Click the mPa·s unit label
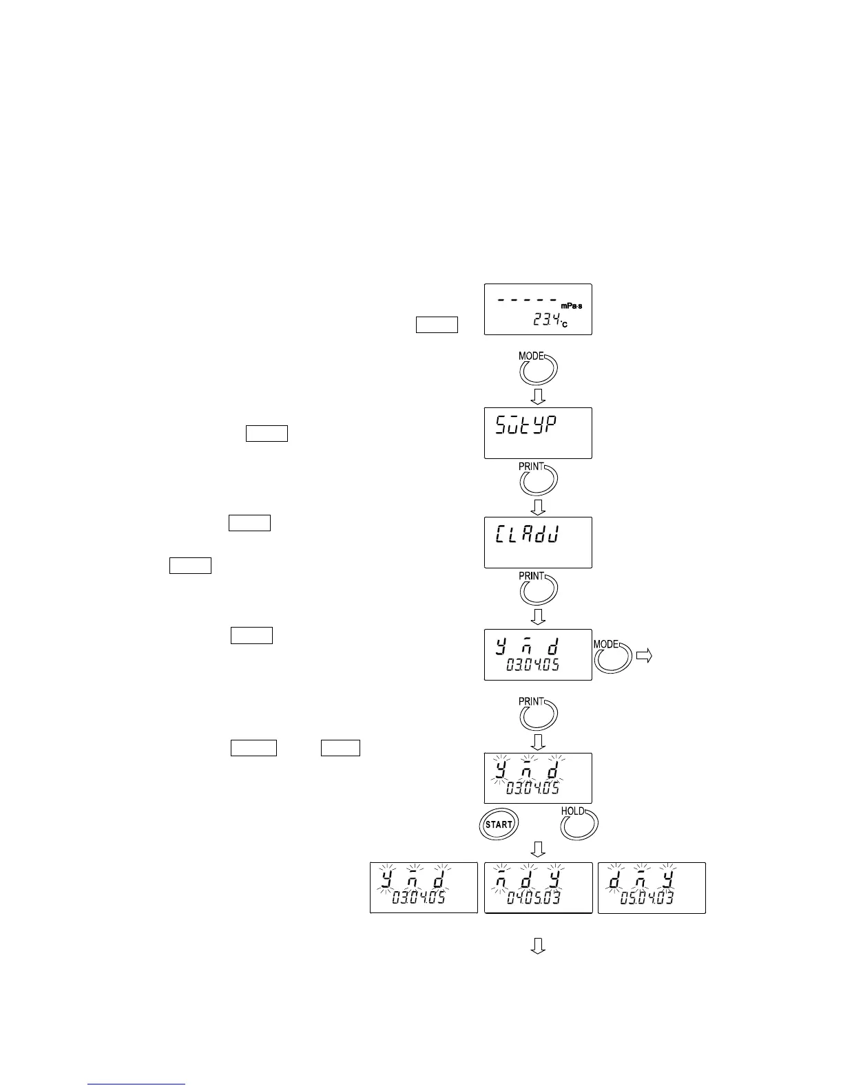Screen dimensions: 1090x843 [571, 306]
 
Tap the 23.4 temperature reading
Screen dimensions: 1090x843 [547, 319]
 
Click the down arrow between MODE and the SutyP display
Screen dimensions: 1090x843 [539, 396]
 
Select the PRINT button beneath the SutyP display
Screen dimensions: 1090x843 [538, 479]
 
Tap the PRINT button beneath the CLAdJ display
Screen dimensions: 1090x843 [538, 588]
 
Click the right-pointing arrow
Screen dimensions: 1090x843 [643, 656]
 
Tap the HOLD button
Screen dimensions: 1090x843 [579, 824]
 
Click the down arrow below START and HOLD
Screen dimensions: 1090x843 [539, 849]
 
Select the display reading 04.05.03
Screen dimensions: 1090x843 [538, 888]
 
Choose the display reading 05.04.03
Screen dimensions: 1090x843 [652, 888]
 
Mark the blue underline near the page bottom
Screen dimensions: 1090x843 [136, 1084]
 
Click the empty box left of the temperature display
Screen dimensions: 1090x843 [437, 324]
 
